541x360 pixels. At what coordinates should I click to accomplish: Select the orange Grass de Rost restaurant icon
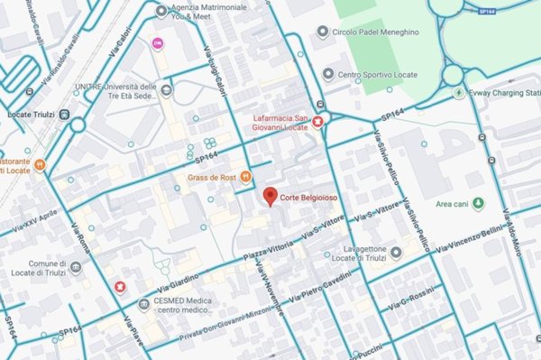pyautogui.click(x=245, y=177)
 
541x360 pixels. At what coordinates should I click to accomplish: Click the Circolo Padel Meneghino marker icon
pyautogui.click(x=323, y=32)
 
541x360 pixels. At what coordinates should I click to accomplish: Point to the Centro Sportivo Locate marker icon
pyautogui.click(x=328, y=75)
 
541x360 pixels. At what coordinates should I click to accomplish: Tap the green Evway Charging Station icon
pyautogui.click(x=461, y=92)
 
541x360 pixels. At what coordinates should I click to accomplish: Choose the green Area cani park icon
pyautogui.click(x=478, y=203)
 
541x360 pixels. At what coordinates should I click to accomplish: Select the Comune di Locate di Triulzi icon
pyautogui.click(x=76, y=268)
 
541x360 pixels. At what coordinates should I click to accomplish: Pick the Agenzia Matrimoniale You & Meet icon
pyautogui.click(x=161, y=12)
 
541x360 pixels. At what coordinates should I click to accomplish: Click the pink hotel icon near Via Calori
pyautogui.click(x=159, y=43)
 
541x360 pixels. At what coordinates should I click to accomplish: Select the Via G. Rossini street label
pyautogui.click(x=413, y=300)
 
